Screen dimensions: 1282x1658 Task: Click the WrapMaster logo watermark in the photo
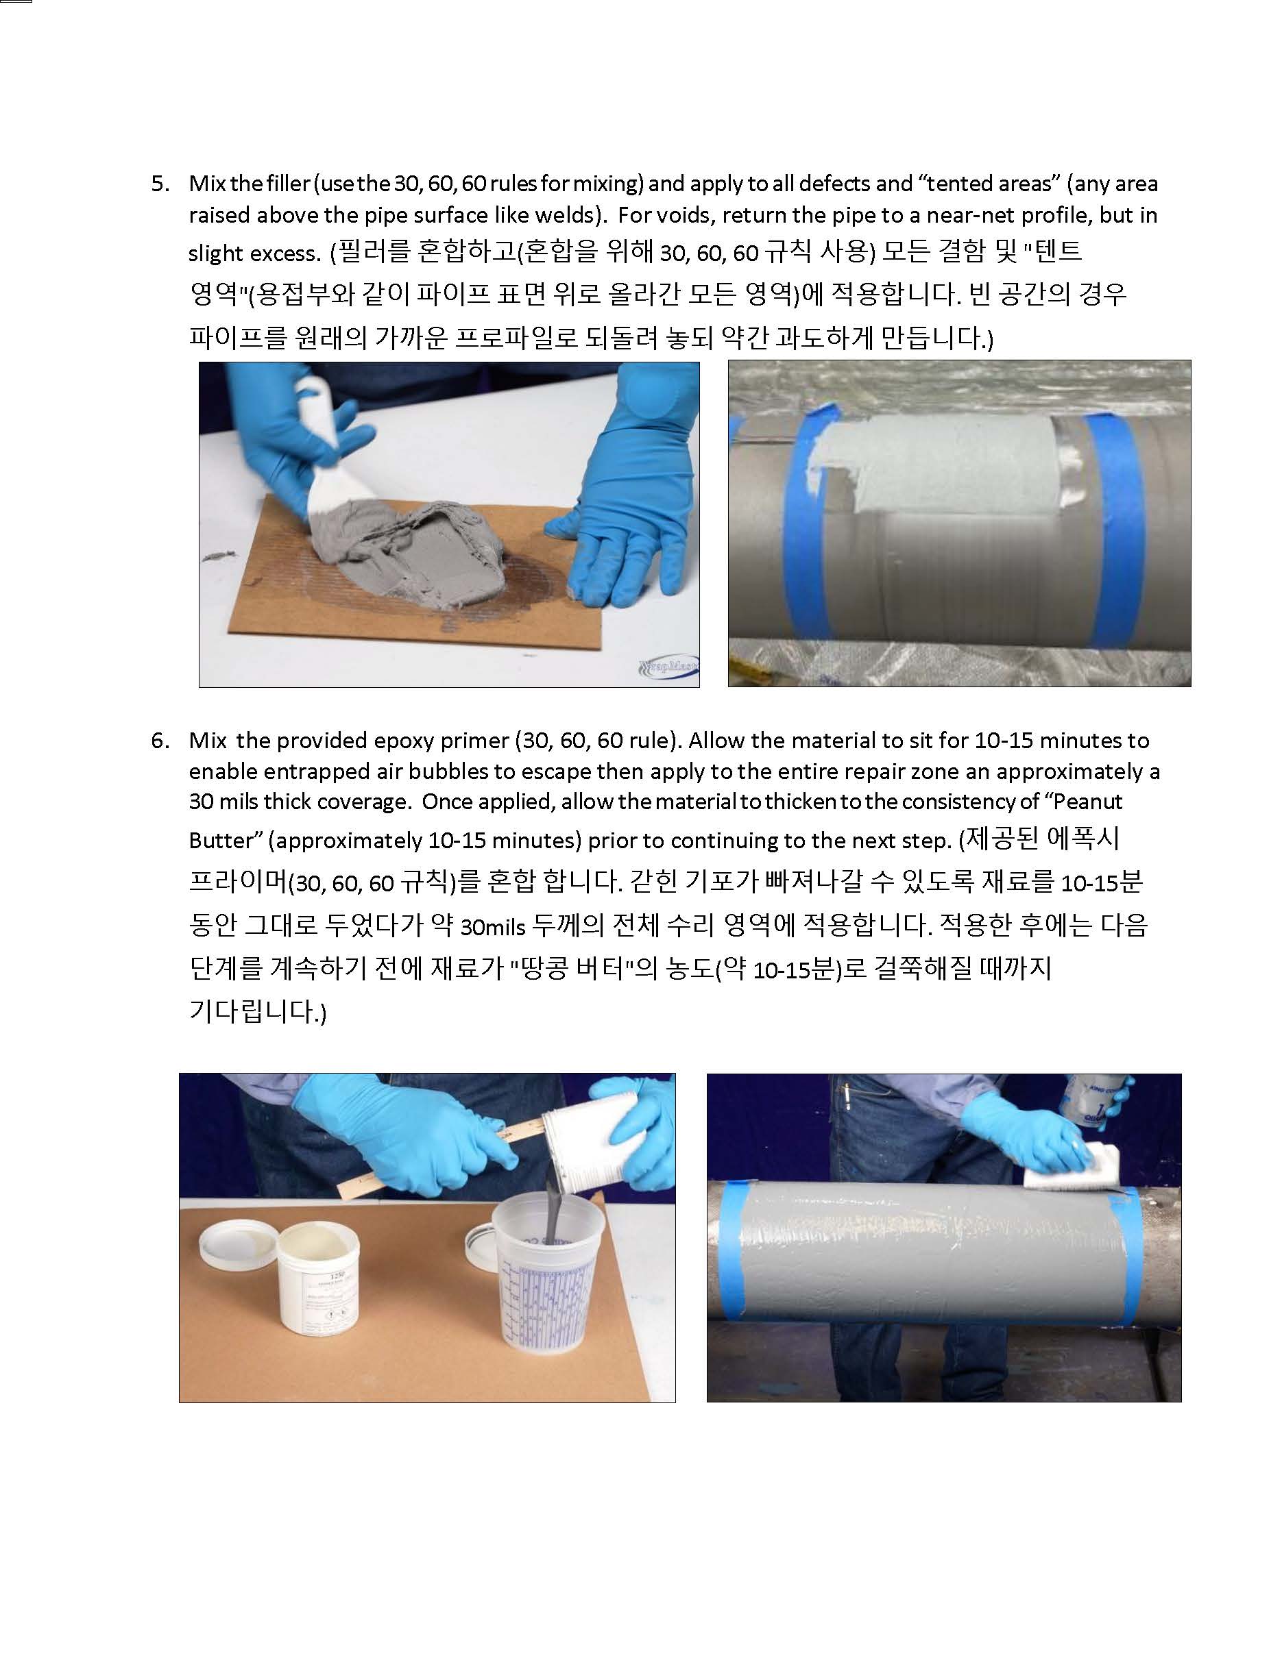click(668, 668)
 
